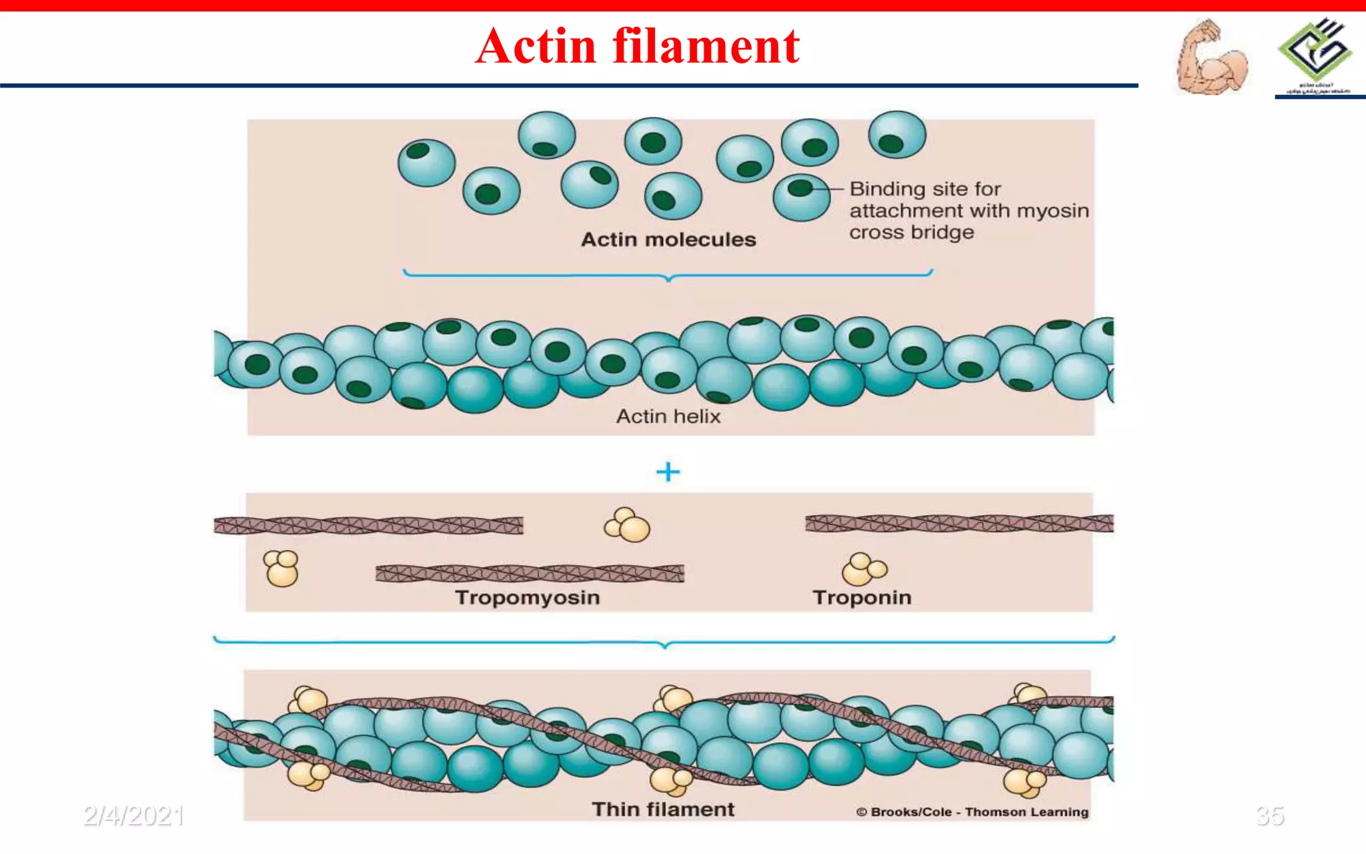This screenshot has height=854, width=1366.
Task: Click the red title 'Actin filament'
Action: tap(637, 47)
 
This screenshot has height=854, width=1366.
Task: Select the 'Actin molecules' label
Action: tap(668, 240)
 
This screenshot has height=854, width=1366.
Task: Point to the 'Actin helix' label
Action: tap(668, 416)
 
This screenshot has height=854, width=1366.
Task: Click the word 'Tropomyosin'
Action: tap(528, 597)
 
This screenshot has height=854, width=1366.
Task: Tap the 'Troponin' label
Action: tap(862, 597)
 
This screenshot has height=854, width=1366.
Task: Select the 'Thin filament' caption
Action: tap(663, 809)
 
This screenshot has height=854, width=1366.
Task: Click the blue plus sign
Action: tap(668, 472)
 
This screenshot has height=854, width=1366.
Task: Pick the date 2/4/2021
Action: tap(133, 815)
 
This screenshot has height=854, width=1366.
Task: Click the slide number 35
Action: tap(1269, 815)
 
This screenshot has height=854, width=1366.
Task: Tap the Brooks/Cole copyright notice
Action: tap(972, 812)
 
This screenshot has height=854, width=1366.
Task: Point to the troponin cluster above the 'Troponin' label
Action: tap(864, 569)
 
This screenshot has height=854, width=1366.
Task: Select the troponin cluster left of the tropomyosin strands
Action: tap(281, 568)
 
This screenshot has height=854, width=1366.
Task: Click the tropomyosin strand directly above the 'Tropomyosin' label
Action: tap(530, 573)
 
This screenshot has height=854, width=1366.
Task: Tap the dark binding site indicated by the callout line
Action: tap(799, 189)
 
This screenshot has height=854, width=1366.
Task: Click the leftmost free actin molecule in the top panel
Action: tap(426, 162)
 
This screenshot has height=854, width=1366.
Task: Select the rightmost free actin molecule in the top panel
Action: tap(897, 135)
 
